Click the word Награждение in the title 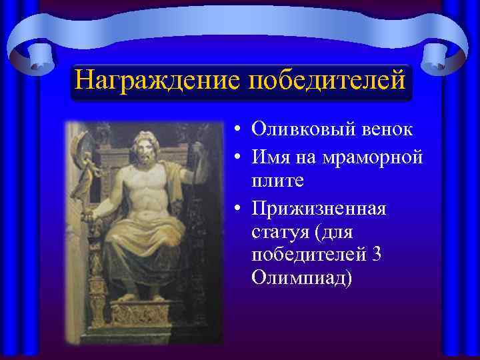pyautogui.click(x=157, y=81)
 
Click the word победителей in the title pyautogui.click(x=327, y=81)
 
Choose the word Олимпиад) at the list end pyautogui.click(x=300, y=278)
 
